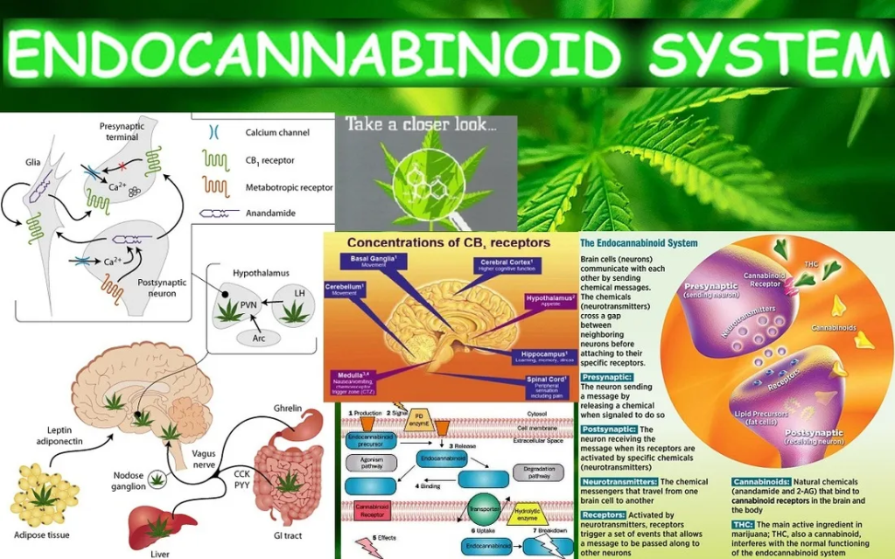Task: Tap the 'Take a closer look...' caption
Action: tap(421, 125)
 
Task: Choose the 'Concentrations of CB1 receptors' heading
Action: tap(448, 242)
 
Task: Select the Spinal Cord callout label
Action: tap(549, 383)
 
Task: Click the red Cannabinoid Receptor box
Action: tap(374, 510)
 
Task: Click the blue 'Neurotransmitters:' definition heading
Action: tap(619, 482)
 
